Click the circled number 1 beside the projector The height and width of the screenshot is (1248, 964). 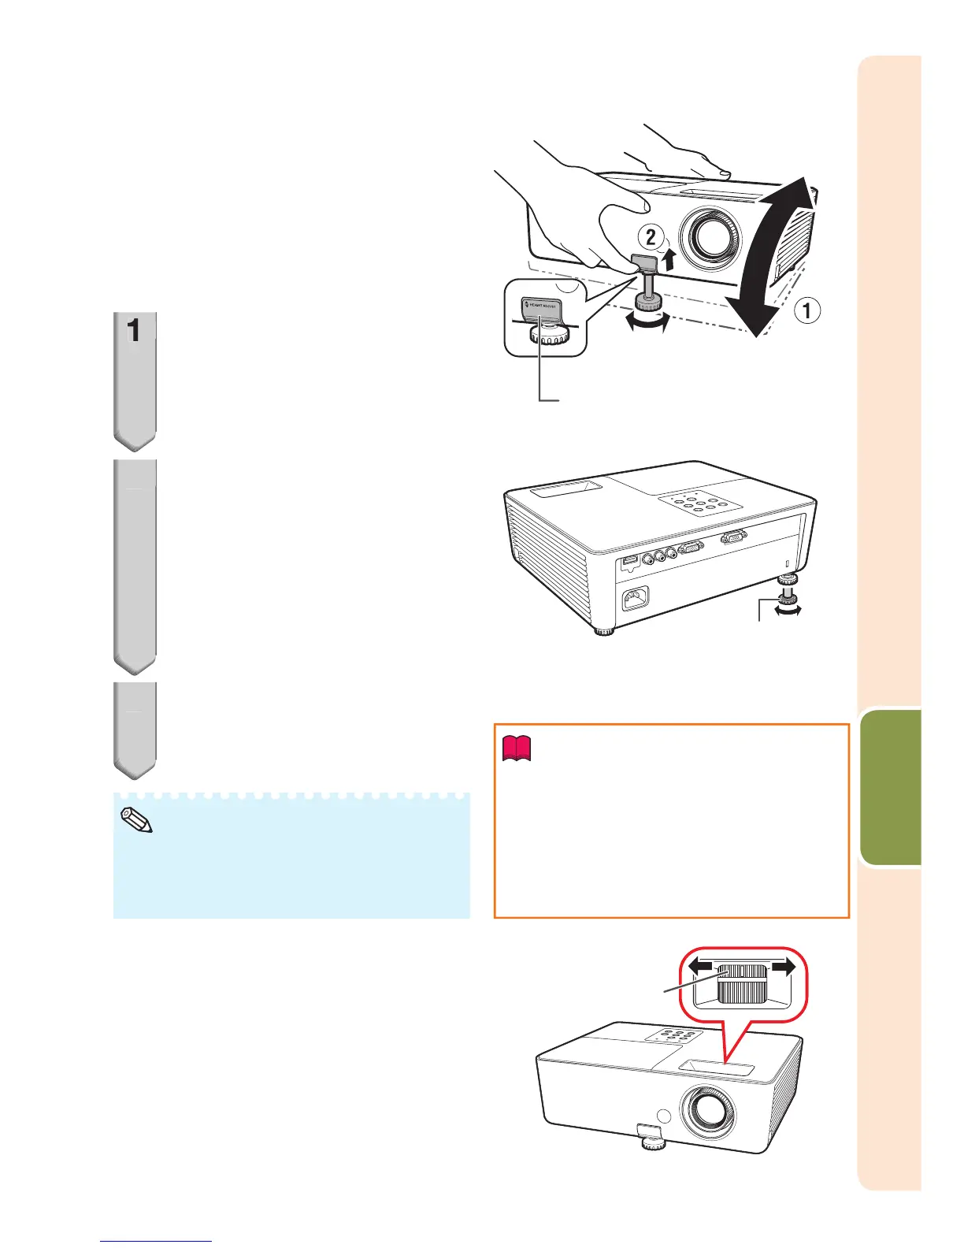806,311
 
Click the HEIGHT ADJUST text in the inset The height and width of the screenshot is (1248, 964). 543,306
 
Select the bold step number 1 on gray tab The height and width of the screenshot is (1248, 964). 135,331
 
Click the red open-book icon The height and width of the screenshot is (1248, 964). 517,748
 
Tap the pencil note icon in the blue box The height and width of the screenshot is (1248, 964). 135,821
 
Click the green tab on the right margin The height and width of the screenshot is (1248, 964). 891,788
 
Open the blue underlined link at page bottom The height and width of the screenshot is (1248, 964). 156,1242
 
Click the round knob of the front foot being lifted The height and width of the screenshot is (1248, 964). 650,304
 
